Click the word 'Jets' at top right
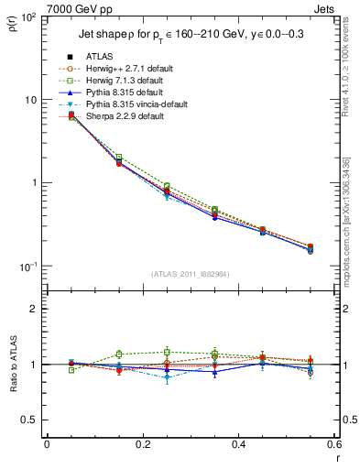(x=328, y=8)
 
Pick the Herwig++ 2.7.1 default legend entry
(x=126, y=68)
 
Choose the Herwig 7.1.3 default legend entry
(x=124, y=80)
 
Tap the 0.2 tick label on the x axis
(x=142, y=444)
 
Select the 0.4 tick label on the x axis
(x=238, y=444)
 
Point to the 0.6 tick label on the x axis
(x=333, y=444)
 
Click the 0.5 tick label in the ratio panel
(x=29, y=420)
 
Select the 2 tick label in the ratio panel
(x=35, y=309)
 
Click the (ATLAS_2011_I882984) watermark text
(x=191, y=275)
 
